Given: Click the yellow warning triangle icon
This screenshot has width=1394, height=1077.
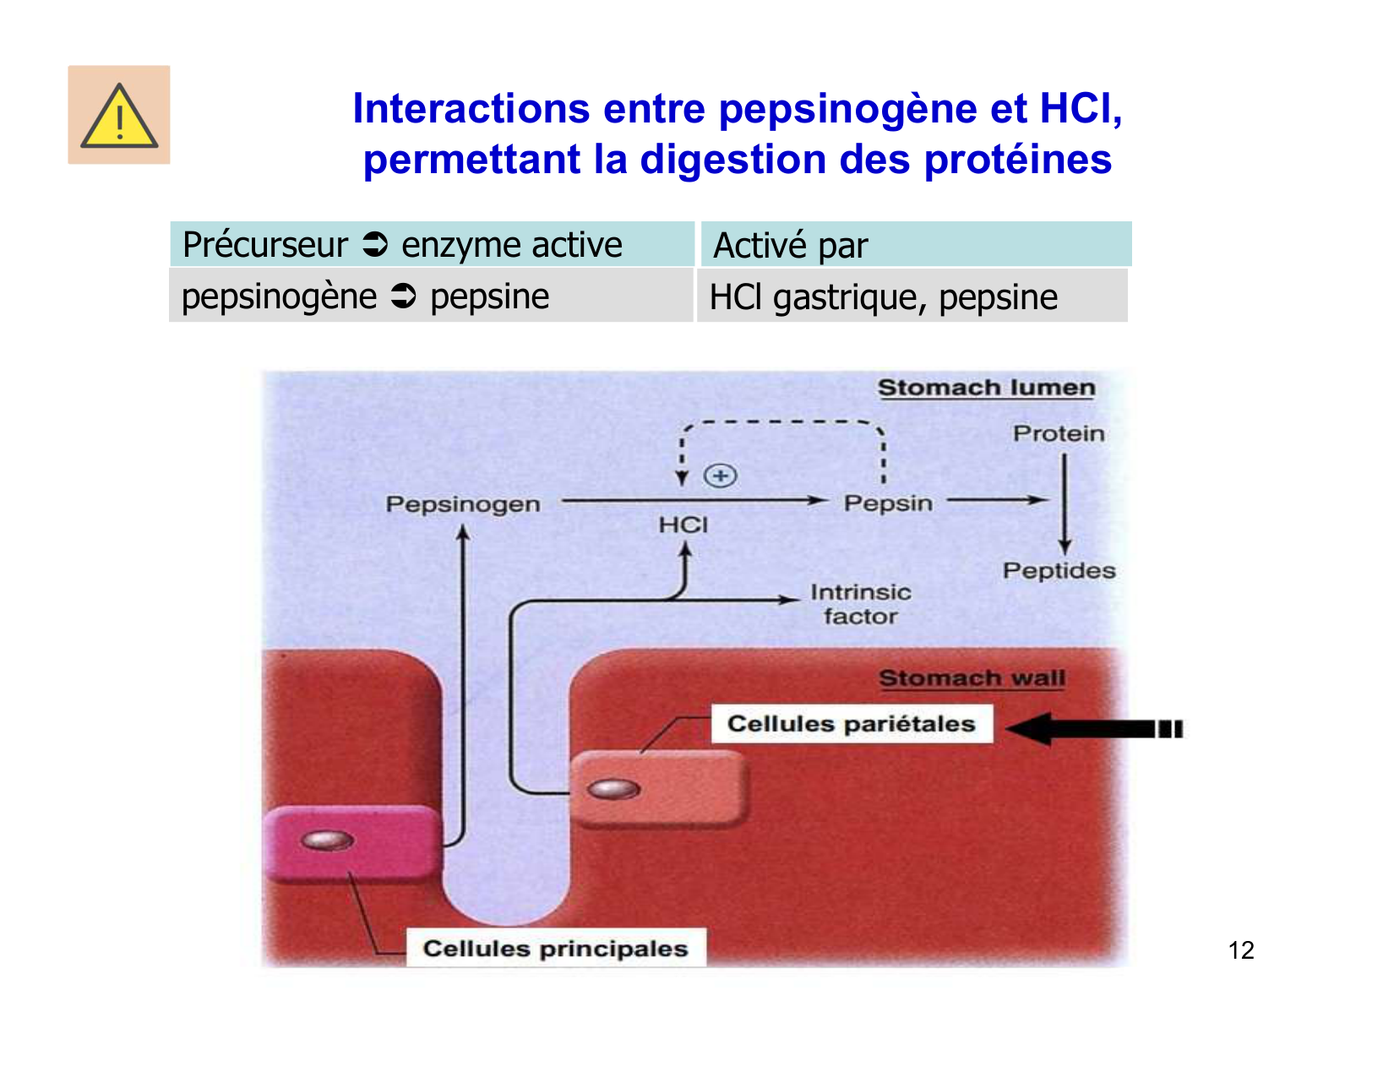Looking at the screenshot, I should pyautogui.click(x=119, y=117).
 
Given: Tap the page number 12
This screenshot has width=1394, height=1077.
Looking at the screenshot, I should pyautogui.click(x=1240, y=950).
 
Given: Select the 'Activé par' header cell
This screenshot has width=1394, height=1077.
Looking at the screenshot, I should pyautogui.click(x=916, y=245).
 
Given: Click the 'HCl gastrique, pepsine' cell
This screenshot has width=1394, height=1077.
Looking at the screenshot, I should pyautogui.click(x=912, y=296).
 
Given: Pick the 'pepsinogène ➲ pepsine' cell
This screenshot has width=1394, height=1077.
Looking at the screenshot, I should pyautogui.click(x=431, y=296).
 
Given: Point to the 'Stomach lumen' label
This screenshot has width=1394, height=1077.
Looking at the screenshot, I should pyautogui.click(x=986, y=388).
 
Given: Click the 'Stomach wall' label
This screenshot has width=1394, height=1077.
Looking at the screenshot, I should pyautogui.click(x=972, y=678).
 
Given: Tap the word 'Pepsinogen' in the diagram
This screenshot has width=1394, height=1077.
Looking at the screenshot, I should pyautogui.click(x=463, y=504).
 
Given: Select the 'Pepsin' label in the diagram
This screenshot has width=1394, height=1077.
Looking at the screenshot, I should pyautogui.click(x=888, y=503).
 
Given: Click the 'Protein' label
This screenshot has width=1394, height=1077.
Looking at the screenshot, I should pyautogui.click(x=1059, y=433).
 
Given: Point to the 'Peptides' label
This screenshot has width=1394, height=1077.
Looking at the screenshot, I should pyautogui.click(x=1059, y=571).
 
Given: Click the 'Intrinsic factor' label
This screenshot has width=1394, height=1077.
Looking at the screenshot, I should pyautogui.click(x=860, y=604).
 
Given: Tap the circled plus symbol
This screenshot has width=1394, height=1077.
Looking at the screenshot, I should pyautogui.click(x=720, y=476).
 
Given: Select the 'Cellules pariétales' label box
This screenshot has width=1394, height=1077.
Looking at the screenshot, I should pyautogui.click(x=852, y=724).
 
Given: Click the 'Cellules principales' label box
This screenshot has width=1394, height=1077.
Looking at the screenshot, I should pyautogui.click(x=555, y=949).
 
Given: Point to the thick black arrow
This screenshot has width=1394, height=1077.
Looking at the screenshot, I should pyautogui.click(x=1094, y=728).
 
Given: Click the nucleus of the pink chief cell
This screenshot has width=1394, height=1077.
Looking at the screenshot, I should pyautogui.click(x=327, y=840).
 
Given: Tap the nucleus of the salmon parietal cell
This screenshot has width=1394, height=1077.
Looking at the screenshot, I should pyautogui.click(x=614, y=789).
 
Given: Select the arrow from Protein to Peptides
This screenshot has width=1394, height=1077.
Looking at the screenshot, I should pyautogui.click(x=1065, y=503).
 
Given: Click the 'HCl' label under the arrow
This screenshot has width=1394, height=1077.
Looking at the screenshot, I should pyautogui.click(x=683, y=525).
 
